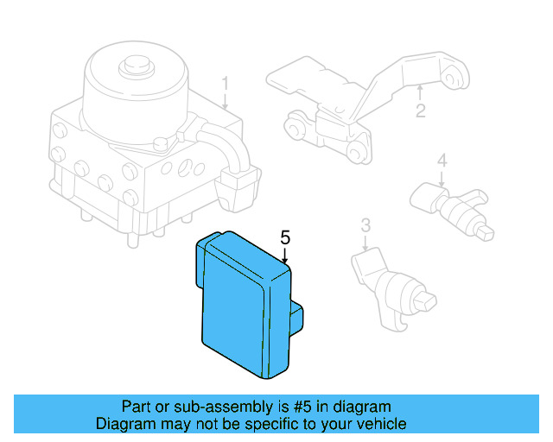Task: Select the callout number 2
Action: [421, 110]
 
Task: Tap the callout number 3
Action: [365, 225]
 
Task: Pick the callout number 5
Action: [285, 237]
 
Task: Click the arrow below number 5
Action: [285, 255]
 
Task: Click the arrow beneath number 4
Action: [441, 179]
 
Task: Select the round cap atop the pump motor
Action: [134, 65]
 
